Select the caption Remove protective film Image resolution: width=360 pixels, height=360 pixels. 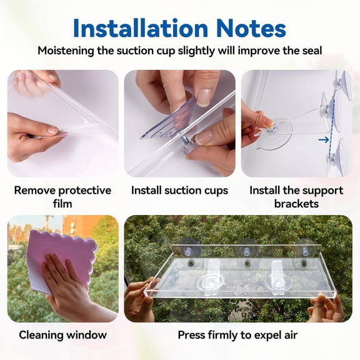click(x=62, y=197)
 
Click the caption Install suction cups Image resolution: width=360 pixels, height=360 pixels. click(x=179, y=190)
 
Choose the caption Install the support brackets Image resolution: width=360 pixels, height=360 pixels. click(x=296, y=197)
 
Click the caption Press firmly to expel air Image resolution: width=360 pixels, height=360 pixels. click(x=237, y=335)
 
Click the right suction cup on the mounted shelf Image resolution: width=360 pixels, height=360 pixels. click(x=304, y=249)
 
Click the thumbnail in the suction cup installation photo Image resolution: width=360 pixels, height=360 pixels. click(x=204, y=96)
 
